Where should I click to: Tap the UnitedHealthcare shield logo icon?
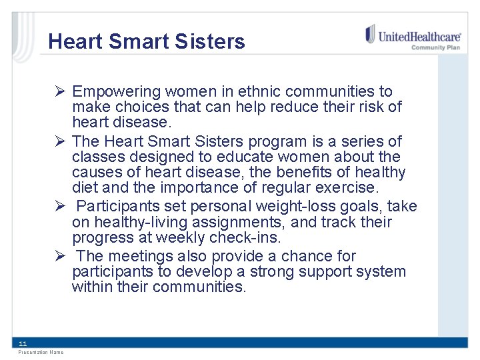click(370, 34)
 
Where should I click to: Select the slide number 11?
click(23, 343)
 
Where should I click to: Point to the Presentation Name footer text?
click(41, 352)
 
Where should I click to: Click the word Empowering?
click(117, 91)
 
